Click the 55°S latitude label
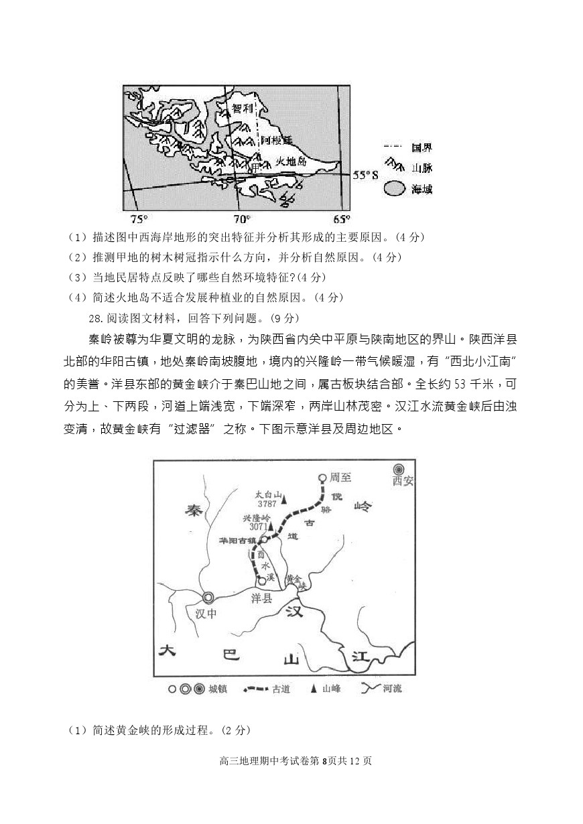pos(366,175)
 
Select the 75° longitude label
pos(139,219)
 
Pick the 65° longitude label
pos(341,219)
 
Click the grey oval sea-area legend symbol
pos(394,189)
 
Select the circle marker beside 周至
pos(322,478)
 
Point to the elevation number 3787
pos(266,504)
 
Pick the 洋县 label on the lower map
pos(261,599)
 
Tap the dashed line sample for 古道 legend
pos(254,688)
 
